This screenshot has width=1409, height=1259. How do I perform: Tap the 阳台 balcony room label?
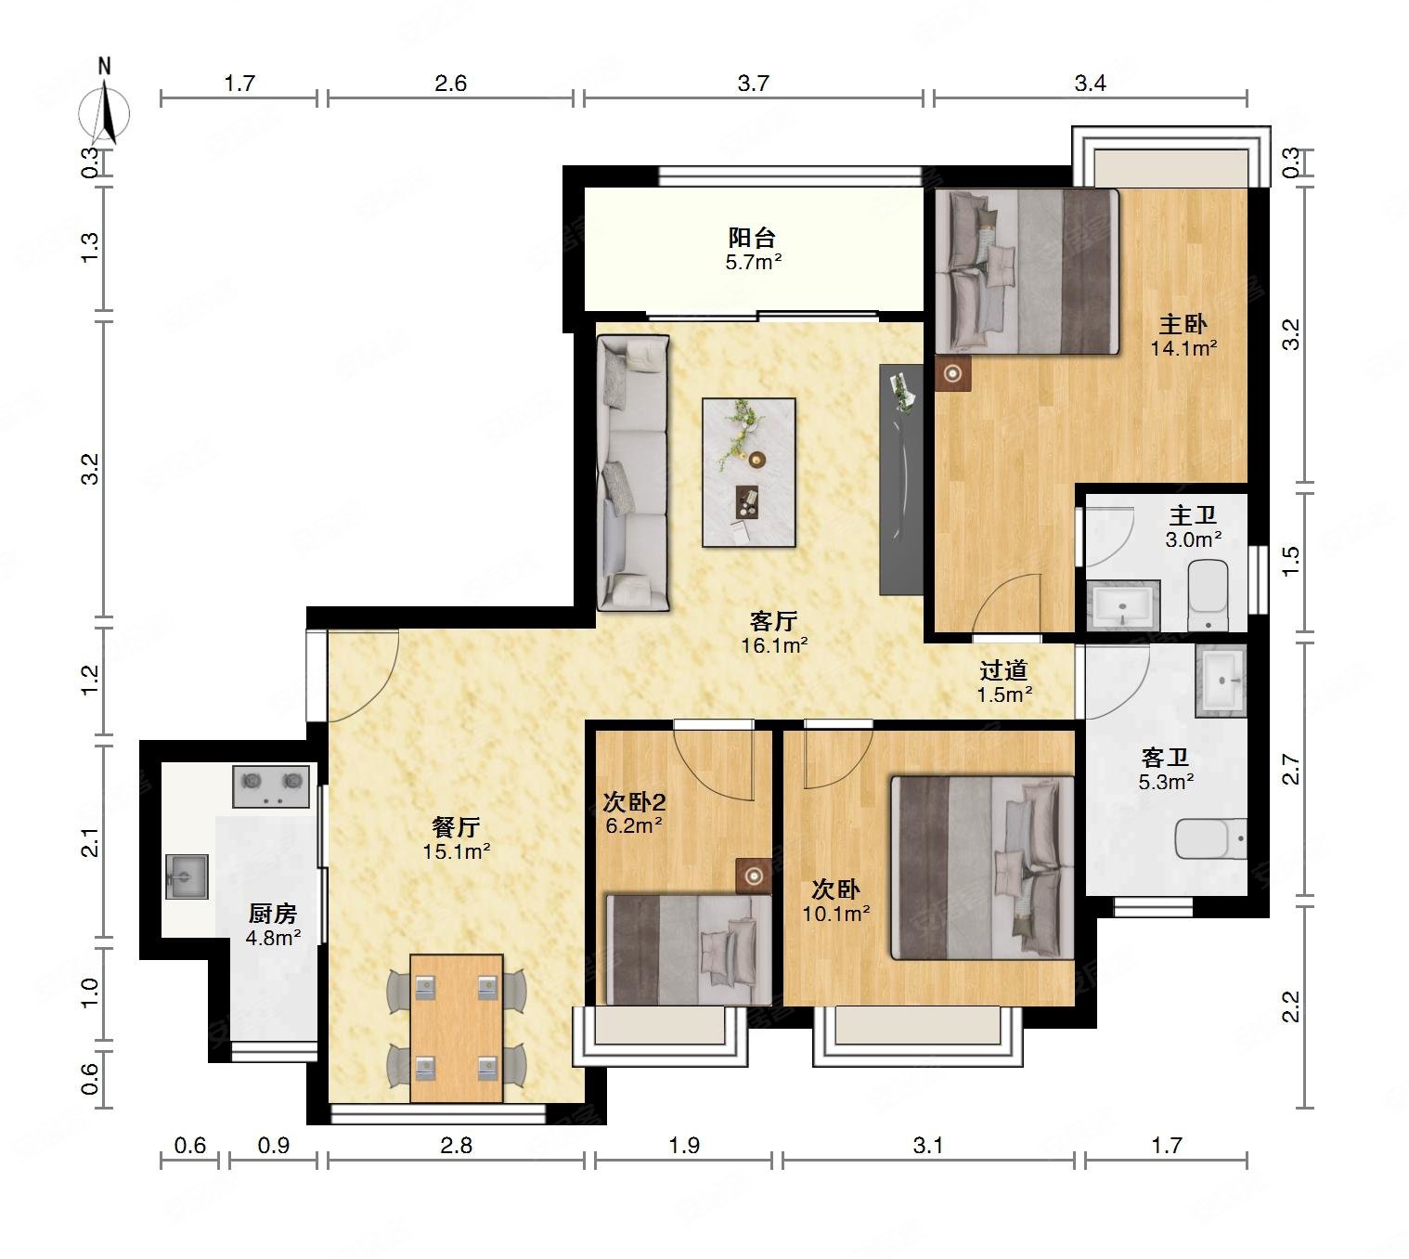pyautogui.click(x=752, y=238)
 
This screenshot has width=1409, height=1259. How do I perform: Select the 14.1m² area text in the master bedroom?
pyautogui.click(x=1183, y=348)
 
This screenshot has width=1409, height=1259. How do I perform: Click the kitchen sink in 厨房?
pyautogui.click(x=187, y=876)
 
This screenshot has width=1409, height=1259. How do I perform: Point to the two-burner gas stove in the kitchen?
pyautogui.click(x=271, y=786)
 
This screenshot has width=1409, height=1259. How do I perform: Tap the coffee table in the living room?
pyautogui.click(x=749, y=473)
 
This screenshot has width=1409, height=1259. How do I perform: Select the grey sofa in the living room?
pyautogui.click(x=633, y=474)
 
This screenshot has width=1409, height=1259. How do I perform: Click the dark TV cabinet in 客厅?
pyautogui.click(x=901, y=480)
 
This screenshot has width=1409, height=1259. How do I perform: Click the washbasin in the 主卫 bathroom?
pyautogui.click(x=1122, y=605)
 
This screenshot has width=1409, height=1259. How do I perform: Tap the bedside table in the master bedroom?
pyautogui.click(x=952, y=373)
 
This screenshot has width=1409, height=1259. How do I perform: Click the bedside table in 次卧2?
pyautogui.click(x=754, y=876)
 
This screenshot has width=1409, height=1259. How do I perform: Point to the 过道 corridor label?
pyautogui.click(x=1003, y=670)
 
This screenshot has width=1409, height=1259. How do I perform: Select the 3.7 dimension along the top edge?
pyautogui.click(x=753, y=84)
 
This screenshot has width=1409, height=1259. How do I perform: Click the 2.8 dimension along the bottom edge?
pyautogui.click(x=457, y=1146)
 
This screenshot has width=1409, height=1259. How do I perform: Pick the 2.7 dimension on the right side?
pyautogui.click(x=1291, y=770)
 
